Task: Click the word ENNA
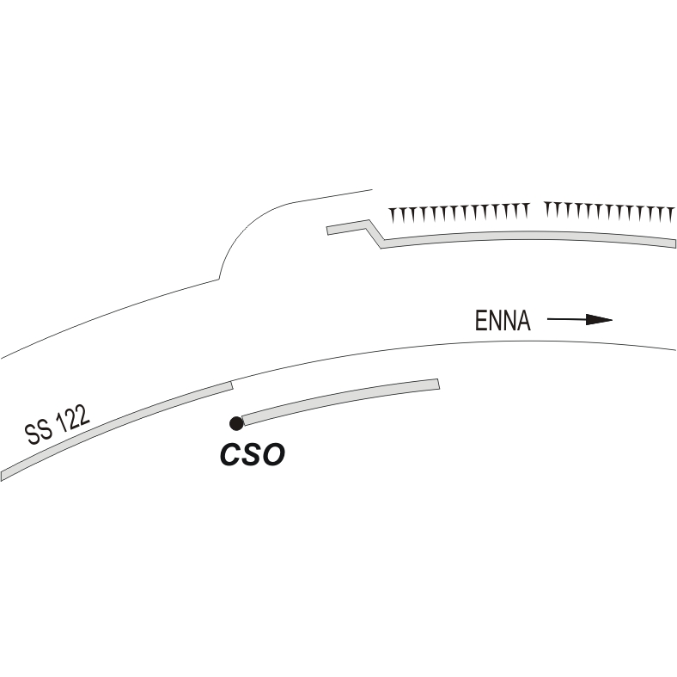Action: click(503, 321)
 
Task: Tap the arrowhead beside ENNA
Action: click(599, 320)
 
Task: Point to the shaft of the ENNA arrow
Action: click(566, 319)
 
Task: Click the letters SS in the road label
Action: click(39, 433)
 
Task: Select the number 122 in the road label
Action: click(72, 418)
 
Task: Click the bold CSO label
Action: click(253, 454)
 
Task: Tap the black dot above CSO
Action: click(236, 424)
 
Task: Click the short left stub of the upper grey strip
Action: click(348, 227)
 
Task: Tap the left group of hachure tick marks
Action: click(459, 212)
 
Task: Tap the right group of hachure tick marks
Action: click(609, 212)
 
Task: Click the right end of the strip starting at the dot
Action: click(439, 384)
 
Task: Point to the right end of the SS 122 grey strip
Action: click(232, 385)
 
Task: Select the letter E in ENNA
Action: click(480, 321)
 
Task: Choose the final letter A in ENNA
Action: click(523, 321)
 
